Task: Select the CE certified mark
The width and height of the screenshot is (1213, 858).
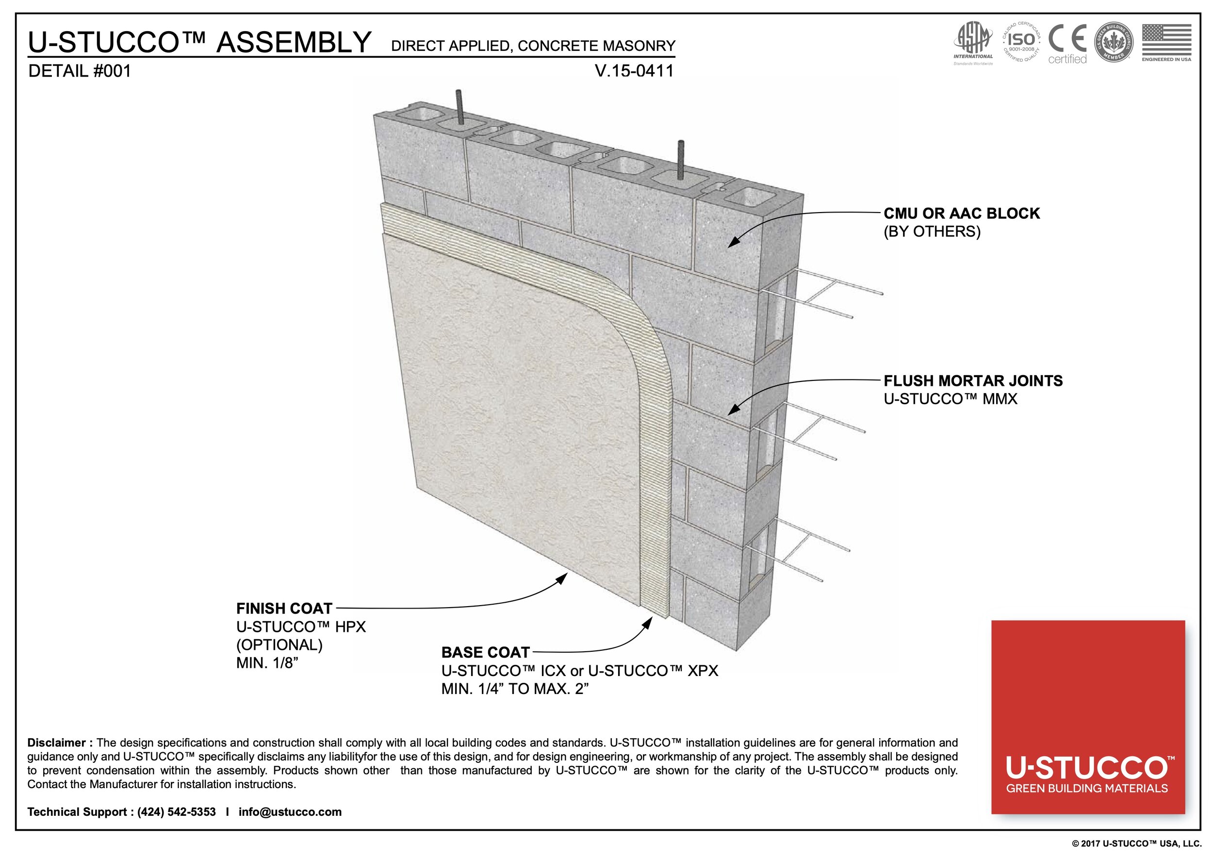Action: (1067, 44)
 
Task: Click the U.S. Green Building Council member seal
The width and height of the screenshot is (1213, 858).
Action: (1113, 42)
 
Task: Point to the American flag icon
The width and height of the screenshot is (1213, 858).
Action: (1166, 40)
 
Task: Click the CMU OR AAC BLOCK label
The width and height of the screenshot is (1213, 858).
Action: (962, 214)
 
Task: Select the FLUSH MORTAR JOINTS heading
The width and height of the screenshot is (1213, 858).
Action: (973, 381)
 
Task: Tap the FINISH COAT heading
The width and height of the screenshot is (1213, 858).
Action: (284, 608)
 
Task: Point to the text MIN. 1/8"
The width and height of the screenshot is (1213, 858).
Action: (267, 662)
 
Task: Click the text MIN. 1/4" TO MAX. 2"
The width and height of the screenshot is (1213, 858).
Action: (515, 689)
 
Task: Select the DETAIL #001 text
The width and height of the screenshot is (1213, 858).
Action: (79, 71)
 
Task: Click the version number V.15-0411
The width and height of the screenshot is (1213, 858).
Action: (634, 71)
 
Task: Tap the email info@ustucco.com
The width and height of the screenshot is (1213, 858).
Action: (290, 812)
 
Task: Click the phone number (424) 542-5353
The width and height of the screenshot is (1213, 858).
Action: (177, 812)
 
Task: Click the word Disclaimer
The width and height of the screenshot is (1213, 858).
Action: (56, 743)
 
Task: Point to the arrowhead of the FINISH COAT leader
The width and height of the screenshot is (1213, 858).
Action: (563, 578)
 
